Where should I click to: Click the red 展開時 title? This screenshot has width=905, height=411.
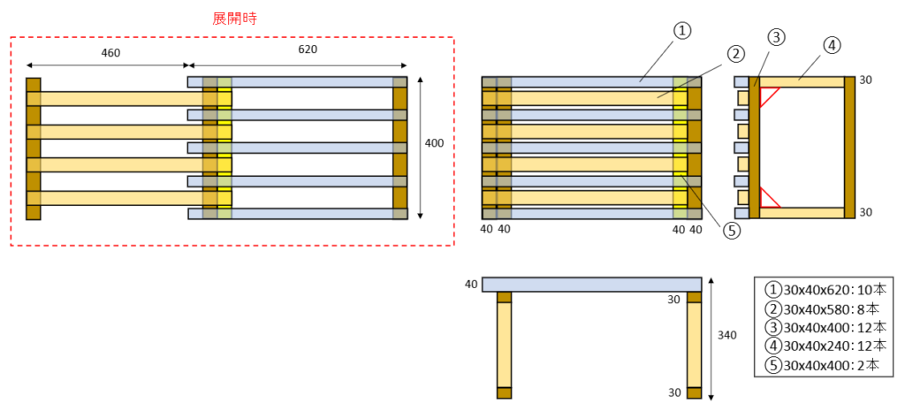point(235,19)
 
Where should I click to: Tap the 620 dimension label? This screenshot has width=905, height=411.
point(307,49)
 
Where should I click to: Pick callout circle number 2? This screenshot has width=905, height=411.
point(735,55)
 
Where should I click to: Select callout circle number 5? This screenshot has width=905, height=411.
point(731,231)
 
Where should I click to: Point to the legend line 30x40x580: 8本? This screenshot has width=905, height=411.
point(819,308)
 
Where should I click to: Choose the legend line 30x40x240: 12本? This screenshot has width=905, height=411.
point(819,347)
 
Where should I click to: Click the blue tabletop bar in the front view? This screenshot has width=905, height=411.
point(591,284)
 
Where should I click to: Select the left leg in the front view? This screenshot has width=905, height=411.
point(505,346)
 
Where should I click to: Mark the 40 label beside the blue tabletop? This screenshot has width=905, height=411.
point(471,284)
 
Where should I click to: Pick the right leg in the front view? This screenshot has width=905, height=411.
point(694,346)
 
